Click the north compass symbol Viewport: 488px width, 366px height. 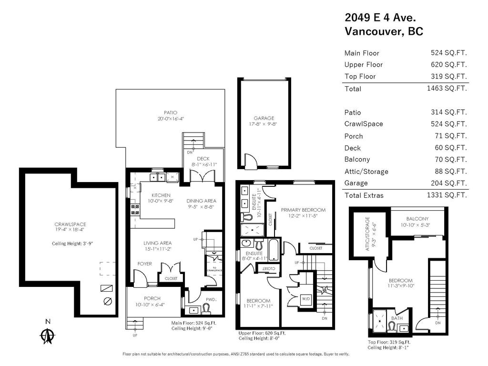[x=47, y=334]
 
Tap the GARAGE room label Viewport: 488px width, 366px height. [x=264, y=118]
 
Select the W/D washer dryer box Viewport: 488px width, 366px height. [x=305, y=299]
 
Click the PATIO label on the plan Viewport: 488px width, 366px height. [x=171, y=112]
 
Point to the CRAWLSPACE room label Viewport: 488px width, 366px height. [x=70, y=224]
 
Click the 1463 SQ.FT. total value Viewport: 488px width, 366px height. [x=447, y=88]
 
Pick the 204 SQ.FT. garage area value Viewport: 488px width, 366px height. [x=448, y=183]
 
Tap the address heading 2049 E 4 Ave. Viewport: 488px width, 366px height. [x=380, y=18]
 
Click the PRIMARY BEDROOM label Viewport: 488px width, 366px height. [x=303, y=210]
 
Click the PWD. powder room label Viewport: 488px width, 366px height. [x=211, y=300]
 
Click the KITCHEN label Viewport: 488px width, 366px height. [x=162, y=195]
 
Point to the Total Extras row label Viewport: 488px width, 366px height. [x=364, y=195]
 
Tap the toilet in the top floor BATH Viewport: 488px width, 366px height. [x=391, y=327]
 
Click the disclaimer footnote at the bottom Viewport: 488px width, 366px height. [x=236, y=354]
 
